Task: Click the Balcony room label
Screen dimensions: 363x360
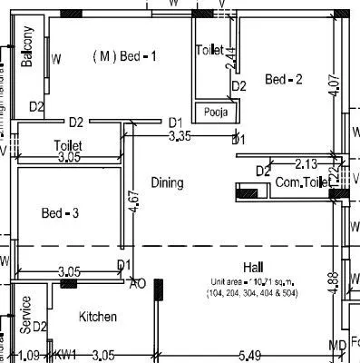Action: [x=27, y=47]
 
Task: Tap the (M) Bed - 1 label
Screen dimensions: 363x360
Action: [x=125, y=56]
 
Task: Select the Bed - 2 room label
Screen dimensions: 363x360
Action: [x=283, y=80]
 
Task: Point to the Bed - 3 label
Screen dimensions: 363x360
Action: [x=61, y=213]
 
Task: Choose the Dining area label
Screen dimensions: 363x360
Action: [x=167, y=183]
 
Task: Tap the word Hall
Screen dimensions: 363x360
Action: [x=251, y=266]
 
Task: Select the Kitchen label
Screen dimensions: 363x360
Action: [x=98, y=317]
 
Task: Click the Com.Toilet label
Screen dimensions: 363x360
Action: [x=302, y=183]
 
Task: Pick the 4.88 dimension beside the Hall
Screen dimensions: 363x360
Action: [x=334, y=280]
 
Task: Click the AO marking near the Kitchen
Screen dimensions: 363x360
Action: [x=138, y=283]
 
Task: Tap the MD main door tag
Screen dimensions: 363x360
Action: [x=336, y=348]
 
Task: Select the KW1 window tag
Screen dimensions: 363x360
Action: [x=66, y=355]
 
